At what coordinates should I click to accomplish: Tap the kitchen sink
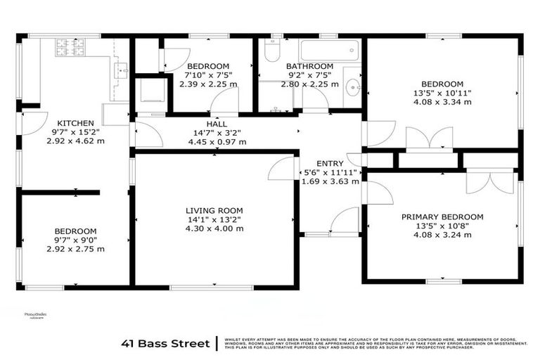(121, 70)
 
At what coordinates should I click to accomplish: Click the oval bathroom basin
(353, 88)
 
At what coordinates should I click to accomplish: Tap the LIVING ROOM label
(214, 210)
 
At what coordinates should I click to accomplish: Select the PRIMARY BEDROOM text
(442, 217)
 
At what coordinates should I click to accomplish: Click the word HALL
(217, 124)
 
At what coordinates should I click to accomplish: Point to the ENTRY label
(330, 162)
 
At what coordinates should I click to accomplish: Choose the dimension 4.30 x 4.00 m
(214, 229)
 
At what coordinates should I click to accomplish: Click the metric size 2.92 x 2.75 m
(76, 249)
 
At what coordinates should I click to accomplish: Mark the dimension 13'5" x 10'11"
(442, 92)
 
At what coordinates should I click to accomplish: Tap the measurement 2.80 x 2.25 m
(308, 84)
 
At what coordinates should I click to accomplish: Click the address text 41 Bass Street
(166, 343)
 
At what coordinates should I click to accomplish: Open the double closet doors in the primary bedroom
(484, 181)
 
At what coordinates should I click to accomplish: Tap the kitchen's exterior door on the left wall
(32, 122)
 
